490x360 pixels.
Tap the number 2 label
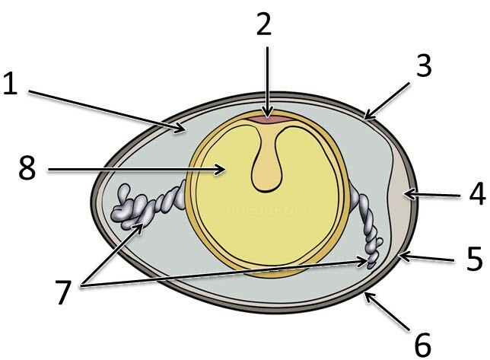(x=263, y=25)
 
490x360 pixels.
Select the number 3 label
(x=425, y=66)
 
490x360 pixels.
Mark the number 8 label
(x=27, y=169)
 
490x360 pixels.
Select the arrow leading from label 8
(x=137, y=170)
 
